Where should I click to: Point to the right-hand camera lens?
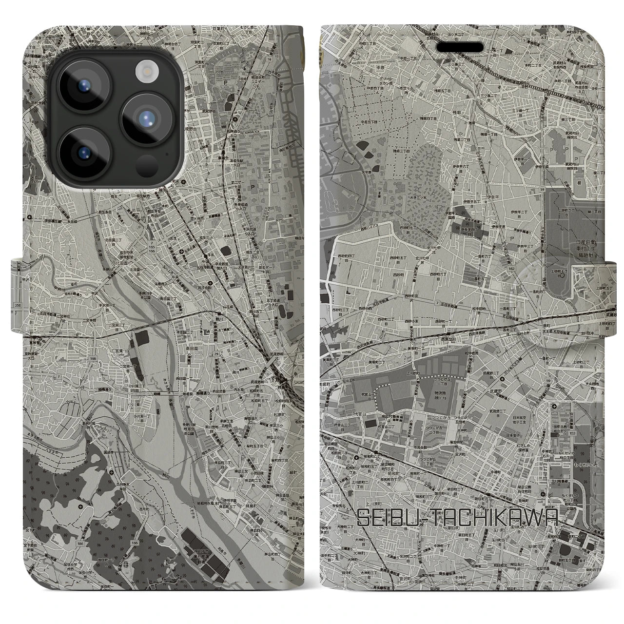pyautogui.click(x=147, y=118)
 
